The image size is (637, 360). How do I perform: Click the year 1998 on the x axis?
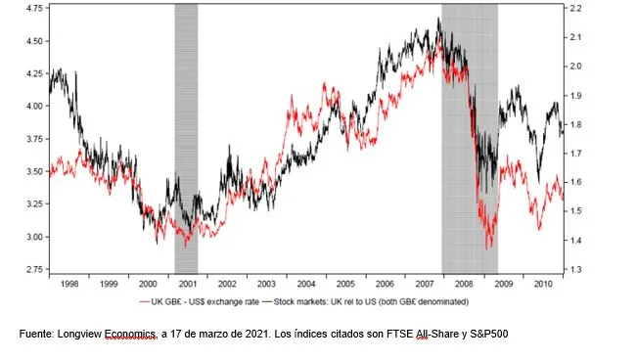(69, 284)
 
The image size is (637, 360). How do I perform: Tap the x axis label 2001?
(188, 284)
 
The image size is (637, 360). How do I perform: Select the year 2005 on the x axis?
(345, 284)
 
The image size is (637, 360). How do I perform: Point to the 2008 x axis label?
(464, 284)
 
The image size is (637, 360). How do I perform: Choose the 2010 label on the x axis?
(543, 284)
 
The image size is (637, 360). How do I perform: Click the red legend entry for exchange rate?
(199, 302)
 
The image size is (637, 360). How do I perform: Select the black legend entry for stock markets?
(366, 302)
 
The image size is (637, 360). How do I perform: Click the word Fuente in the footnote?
(35, 334)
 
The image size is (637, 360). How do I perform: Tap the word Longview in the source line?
(79, 335)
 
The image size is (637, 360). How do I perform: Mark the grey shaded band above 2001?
(186, 139)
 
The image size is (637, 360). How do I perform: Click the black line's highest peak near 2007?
(438, 18)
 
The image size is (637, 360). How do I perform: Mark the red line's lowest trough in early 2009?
(486, 248)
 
